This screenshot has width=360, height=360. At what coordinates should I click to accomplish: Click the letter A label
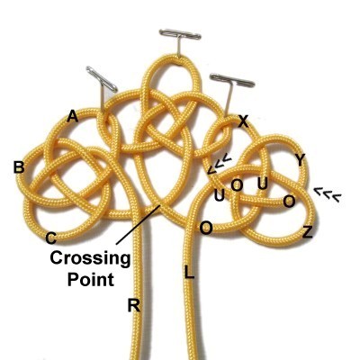click(72, 116)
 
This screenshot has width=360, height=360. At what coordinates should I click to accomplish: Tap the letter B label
click(19, 167)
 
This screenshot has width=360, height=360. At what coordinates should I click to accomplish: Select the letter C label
click(50, 238)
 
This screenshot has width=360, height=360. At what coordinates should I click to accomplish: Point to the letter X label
click(243, 121)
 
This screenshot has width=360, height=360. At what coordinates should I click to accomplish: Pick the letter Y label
click(300, 161)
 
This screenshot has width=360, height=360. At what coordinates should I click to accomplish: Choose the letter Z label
click(308, 232)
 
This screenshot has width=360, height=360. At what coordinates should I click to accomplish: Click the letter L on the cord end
click(189, 273)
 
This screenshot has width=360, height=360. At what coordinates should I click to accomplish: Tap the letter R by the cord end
click(134, 305)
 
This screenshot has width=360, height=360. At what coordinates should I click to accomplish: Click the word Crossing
click(90, 258)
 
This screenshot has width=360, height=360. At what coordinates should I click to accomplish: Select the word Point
click(91, 279)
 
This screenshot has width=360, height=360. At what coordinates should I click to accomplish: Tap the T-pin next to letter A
click(103, 87)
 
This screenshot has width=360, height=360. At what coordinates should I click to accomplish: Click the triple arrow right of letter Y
click(328, 193)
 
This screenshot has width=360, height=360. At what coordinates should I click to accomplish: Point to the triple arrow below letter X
click(220, 163)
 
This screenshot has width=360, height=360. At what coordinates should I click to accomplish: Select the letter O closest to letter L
click(206, 229)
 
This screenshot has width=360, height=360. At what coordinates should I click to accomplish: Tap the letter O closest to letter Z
click(289, 202)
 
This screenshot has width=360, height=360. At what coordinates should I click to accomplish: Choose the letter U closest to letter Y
click(263, 184)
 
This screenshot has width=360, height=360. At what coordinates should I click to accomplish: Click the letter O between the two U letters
click(237, 185)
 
